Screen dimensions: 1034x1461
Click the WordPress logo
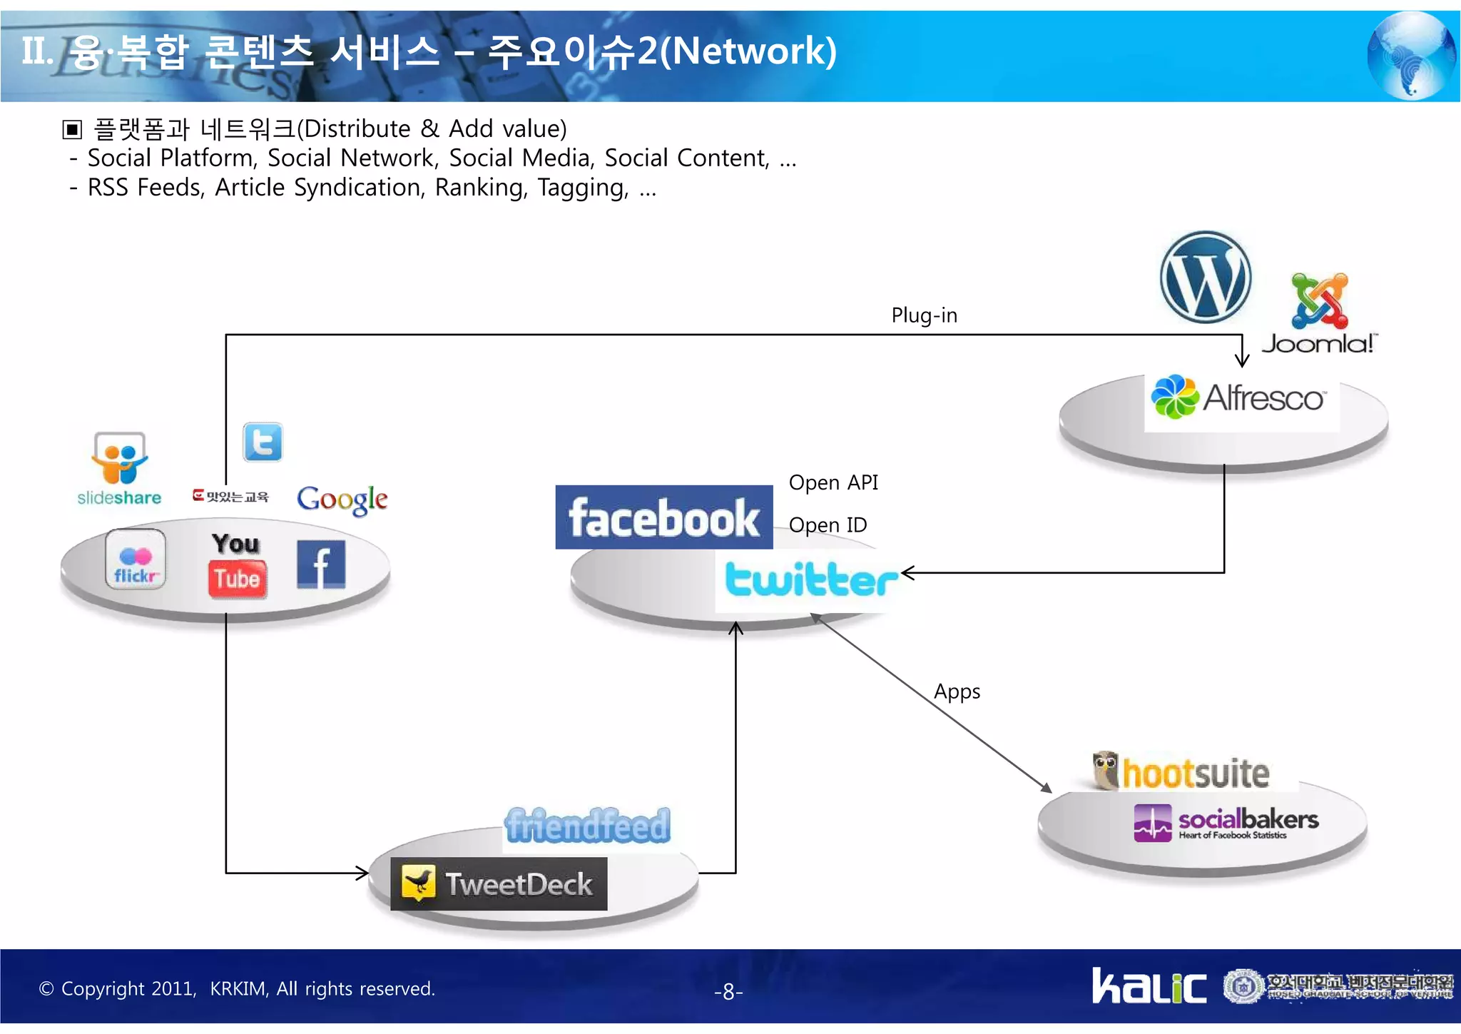coord(1205,277)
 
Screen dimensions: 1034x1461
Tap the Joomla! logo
coord(1319,314)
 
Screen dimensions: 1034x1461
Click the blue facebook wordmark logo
coord(663,517)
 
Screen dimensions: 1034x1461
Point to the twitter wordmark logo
coord(811,579)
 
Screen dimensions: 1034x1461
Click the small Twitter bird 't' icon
coord(263,442)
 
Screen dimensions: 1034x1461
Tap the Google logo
coord(342,499)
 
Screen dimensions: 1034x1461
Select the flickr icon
coord(136,559)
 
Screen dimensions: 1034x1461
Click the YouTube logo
coord(238,564)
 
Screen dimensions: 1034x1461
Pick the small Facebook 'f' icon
coord(321,564)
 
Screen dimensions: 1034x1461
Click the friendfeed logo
coord(587,826)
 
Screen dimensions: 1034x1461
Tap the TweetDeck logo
coord(499,883)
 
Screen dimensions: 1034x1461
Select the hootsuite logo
coord(1181,772)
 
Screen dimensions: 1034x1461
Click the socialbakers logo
coord(1226,822)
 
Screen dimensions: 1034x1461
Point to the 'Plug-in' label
coord(924,315)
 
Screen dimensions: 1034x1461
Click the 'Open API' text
coord(833,483)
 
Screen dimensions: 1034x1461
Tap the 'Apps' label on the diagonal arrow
coord(957,691)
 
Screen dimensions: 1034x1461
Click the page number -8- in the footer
coord(728,991)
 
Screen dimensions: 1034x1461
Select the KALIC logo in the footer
coord(1149,986)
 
